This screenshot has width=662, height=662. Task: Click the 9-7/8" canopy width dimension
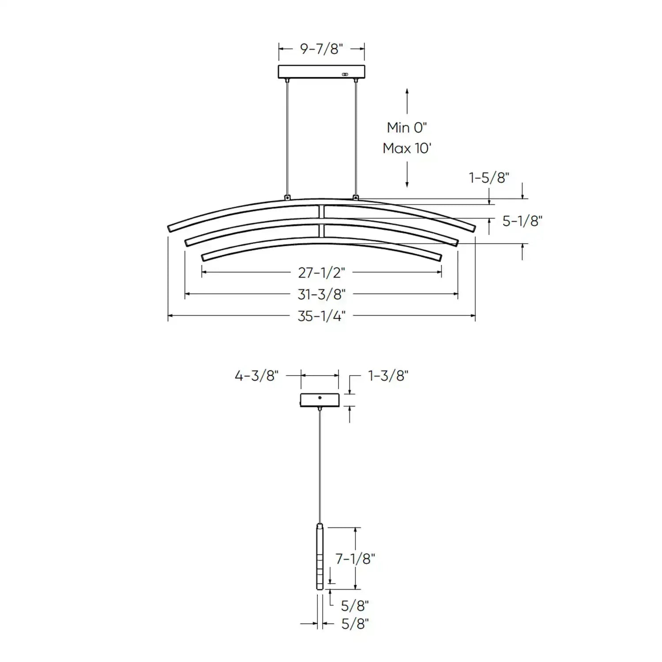(321, 49)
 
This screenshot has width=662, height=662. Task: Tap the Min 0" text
(407, 128)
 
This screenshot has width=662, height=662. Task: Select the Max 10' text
(407, 148)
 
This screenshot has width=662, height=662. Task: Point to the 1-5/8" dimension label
(489, 178)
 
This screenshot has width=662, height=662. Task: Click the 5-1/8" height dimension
(523, 221)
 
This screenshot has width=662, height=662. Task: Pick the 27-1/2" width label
(321, 273)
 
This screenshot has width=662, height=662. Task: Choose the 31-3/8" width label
(321, 294)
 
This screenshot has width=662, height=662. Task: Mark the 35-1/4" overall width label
(321, 316)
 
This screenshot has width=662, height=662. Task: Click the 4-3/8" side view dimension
(256, 376)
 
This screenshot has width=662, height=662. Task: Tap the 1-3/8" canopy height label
(388, 376)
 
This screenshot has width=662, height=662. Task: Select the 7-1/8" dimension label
(355, 559)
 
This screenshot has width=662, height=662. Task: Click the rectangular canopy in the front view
(321, 71)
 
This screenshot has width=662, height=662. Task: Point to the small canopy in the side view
(320, 400)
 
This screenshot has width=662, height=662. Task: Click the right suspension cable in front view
(355, 137)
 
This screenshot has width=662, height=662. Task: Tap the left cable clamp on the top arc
(288, 197)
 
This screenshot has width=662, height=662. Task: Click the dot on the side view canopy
(320, 398)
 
